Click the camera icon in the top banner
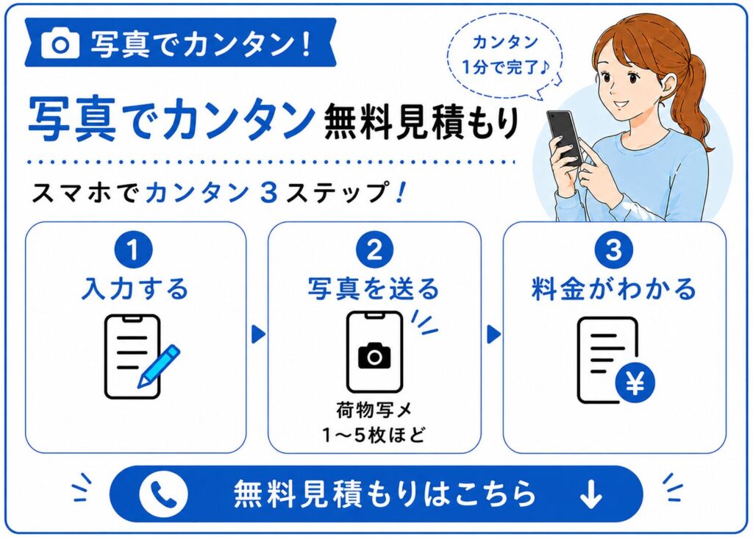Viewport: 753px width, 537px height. click(x=60, y=43)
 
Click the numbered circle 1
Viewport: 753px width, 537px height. click(x=133, y=250)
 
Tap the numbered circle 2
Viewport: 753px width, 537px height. click(x=374, y=250)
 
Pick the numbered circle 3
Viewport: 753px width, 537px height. click(x=614, y=250)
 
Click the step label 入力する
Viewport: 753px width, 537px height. click(x=135, y=288)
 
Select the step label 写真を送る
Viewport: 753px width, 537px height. click(x=374, y=288)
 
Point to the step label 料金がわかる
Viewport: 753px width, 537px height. click(x=614, y=288)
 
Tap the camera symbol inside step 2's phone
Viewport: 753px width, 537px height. click(x=374, y=355)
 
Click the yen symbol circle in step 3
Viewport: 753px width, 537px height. click(x=635, y=383)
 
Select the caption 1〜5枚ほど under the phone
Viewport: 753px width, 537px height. click(x=374, y=435)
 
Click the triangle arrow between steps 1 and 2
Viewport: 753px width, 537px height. click(x=258, y=334)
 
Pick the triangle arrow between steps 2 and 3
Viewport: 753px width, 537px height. click(x=493, y=334)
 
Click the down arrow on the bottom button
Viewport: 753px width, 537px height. click(x=590, y=494)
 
